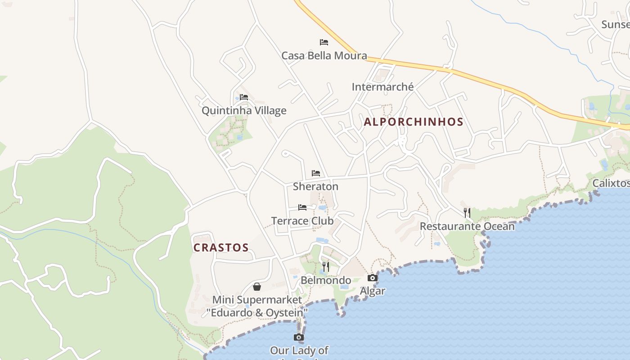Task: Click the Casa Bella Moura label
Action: [x=324, y=56]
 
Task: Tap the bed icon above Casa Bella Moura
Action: [x=324, y=42]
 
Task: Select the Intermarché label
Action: [x=382, y=87]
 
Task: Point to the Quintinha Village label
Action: [x=244, y=111]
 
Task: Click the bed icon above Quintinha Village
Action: [x=244, y=97]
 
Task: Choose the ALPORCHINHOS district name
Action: [x=414, y=122]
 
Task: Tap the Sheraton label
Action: [x=315, y=186]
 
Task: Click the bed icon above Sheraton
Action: [x=316, y=173]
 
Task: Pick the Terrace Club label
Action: [x=302, y=221]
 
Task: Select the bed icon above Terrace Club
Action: [x=302, y=207]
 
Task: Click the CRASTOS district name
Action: [x=221, y=247]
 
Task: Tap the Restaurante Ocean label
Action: [x=467, y=226]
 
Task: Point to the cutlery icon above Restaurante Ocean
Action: [x=467, y=213]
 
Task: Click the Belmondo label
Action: [x=326, y=280]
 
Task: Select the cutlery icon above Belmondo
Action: [x=326, y=267]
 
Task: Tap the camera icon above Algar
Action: [x=373, y=278]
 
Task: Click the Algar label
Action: [x=373, y=291]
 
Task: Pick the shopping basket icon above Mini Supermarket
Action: [x=257, y=287]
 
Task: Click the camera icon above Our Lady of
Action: [x=299, y=337]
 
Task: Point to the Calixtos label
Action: [x=611, y=183]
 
